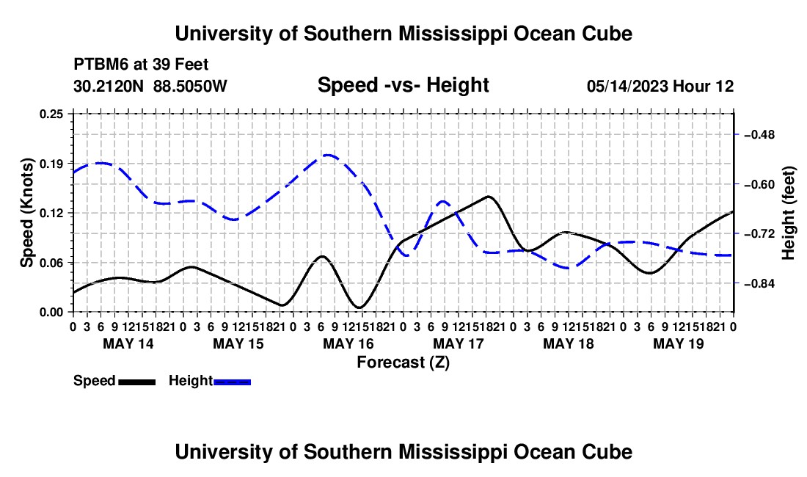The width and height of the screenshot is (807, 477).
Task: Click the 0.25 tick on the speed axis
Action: (51, 114)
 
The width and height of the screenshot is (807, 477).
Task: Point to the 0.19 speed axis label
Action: (51, 164)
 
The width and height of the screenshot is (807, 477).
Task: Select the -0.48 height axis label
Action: (759, 135)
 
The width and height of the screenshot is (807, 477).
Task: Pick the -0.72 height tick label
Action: (759, 234)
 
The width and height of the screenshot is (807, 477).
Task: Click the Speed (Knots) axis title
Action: (26, 213)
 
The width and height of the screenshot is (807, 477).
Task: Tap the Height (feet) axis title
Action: (788, 213)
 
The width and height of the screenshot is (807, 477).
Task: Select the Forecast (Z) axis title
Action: (403, 363)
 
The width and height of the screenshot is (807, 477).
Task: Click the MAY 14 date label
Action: (128, 343)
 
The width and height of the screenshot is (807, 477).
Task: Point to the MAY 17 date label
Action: (459, 343)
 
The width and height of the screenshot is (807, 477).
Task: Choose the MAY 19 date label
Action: (679, 343)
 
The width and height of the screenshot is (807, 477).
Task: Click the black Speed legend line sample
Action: (137, 382)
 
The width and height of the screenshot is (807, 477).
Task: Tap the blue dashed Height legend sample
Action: (232, 382)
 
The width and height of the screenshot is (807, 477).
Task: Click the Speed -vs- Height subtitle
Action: (403, 85)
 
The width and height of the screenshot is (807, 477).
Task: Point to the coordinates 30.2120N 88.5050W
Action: (150, 86)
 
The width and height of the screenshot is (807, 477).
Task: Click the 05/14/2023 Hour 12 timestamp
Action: (660, 86)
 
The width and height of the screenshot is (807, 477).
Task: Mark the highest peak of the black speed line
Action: (488, 196)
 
